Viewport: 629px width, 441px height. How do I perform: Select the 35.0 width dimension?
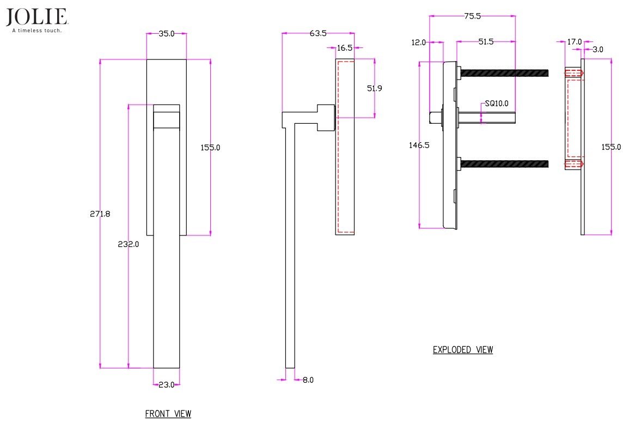(x=167, y=34)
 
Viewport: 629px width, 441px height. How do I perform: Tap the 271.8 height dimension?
(x=100, y=214)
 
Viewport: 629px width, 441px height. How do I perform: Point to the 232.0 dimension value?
(x=129, y=244)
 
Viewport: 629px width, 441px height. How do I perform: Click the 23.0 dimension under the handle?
(x=167, y=385)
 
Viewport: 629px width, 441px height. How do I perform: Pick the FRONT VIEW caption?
(x=168, y=414)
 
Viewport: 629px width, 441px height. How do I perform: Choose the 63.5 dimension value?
(x=318, y=33)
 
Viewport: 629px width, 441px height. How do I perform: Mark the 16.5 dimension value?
(x=345, y=48)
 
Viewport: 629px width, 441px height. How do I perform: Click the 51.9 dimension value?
(x=375, y=88)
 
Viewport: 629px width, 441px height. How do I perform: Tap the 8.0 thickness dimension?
(x=308, y=380)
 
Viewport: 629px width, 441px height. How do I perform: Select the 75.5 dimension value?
(x=473, y=16)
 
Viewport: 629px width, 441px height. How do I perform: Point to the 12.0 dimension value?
(x=418, y=42)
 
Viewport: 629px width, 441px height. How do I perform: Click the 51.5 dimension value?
(x=486, y=42)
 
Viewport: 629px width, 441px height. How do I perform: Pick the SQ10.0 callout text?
(x=497, y=103)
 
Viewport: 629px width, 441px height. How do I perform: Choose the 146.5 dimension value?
(x=419, y=145)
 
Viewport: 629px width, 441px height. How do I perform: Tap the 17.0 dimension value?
(x=575, y=42)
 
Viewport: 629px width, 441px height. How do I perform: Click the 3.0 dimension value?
(x=598, y=50)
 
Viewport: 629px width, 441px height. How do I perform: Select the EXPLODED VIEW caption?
(x=463, y=350)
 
